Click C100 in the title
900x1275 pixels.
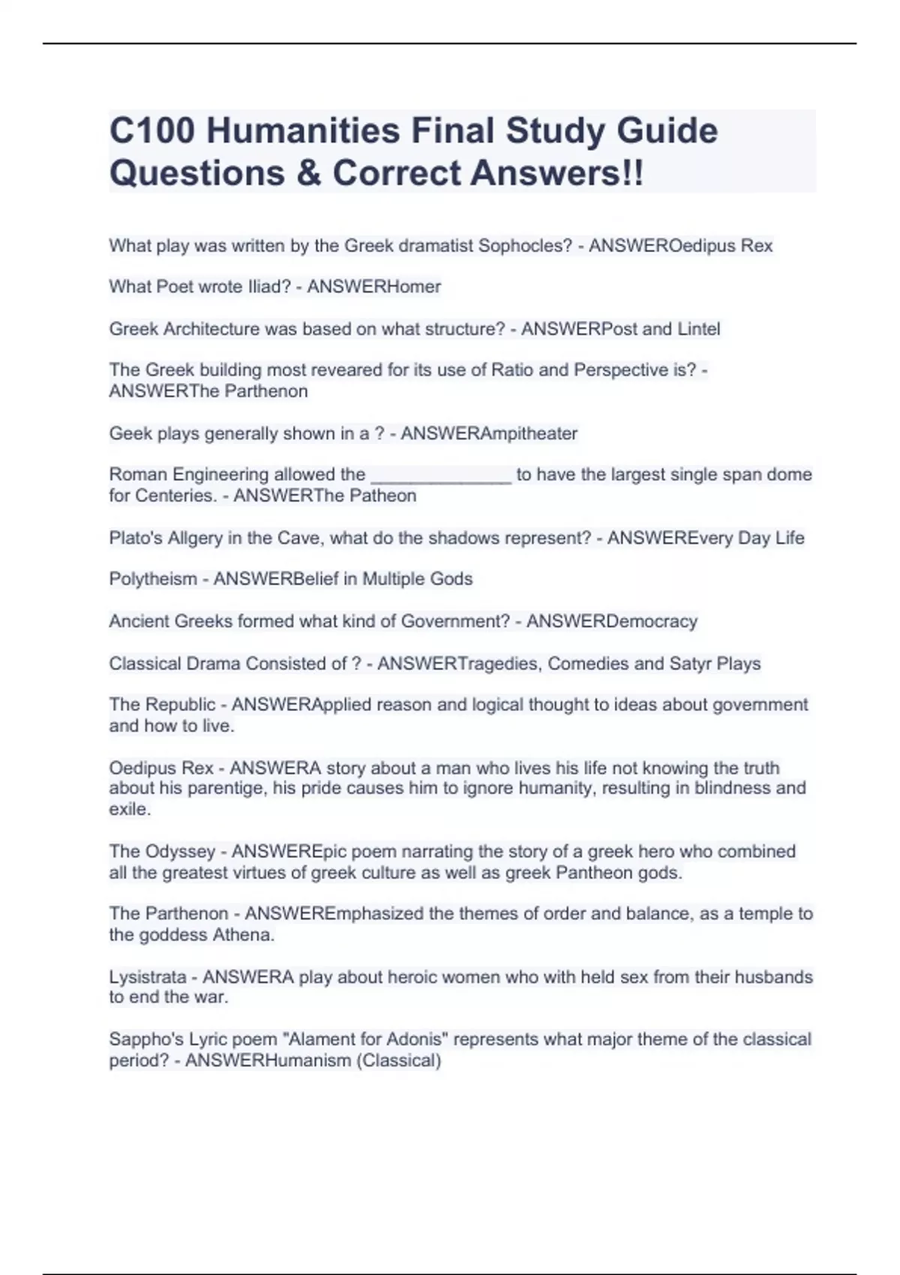(x=152, y=130)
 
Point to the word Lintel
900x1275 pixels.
(x=699, y=328)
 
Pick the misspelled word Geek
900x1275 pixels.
(x=128, y=433)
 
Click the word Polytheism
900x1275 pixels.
(x=153, y=579)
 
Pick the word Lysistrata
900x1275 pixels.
(x=148, y=977)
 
